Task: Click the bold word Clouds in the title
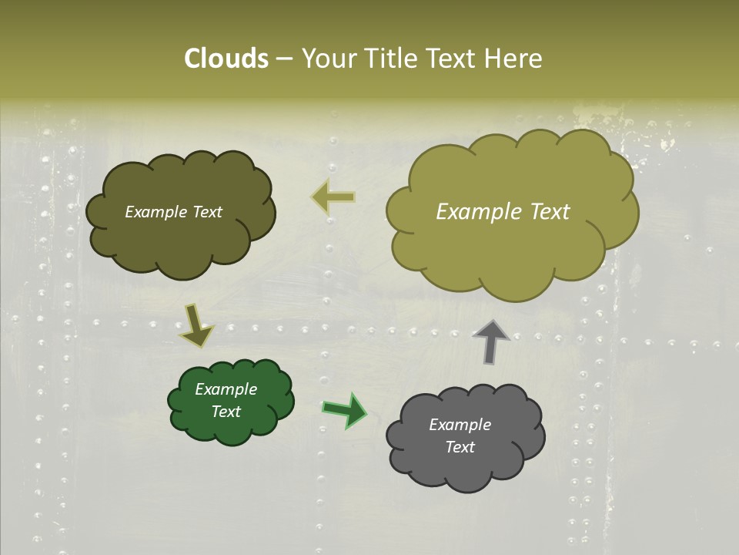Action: [226, 59]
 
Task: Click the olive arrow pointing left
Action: [333, 197]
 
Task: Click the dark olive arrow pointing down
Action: [196, 325]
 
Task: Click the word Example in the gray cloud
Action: [460, 425]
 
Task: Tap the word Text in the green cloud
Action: [226, 412]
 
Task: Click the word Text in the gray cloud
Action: [460, 447]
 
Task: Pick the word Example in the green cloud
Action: [226, 389]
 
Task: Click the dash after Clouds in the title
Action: [283, 59]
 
